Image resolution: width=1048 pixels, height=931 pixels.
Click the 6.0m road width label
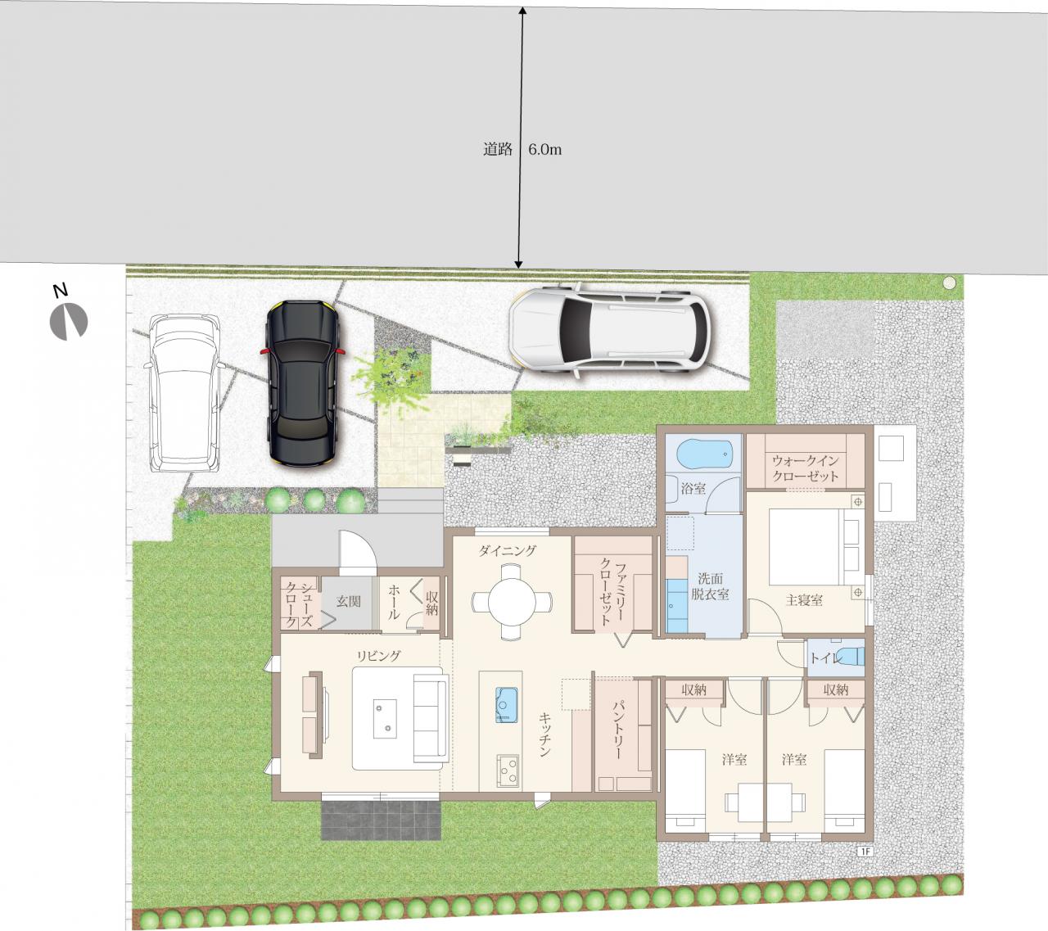[544, 150]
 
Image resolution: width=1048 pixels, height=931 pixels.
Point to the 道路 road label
[498, 150]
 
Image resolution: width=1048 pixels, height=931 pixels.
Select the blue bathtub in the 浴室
[699, 454]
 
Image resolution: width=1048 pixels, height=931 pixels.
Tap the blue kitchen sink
[507, 705]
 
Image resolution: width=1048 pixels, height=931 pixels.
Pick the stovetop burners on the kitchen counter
[508, 771]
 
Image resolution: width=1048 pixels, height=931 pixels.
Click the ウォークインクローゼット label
[805, 468]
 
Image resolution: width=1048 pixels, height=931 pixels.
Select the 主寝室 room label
[804, 600]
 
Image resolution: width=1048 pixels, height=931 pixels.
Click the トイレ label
[825, 658]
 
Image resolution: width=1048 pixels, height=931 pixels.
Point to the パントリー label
[619, 730]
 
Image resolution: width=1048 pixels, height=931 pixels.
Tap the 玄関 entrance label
[349, 601]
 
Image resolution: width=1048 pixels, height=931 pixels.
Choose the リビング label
[378, 656]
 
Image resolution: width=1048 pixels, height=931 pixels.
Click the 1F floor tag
[865, 851]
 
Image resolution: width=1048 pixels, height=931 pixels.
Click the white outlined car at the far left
[185, 394]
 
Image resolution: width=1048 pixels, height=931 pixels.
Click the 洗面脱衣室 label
[710, 586]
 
